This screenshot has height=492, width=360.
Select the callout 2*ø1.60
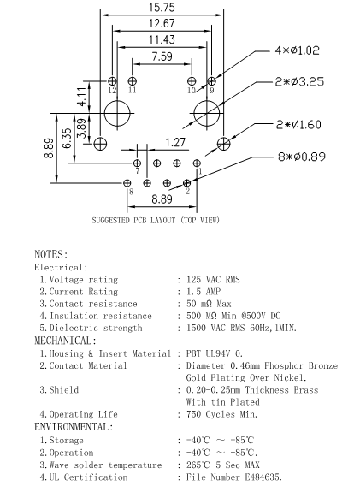(299, 125)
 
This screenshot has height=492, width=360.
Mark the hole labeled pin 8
(127, 182)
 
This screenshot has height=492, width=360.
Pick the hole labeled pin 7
(137, 162)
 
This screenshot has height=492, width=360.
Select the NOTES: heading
(50, 254)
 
